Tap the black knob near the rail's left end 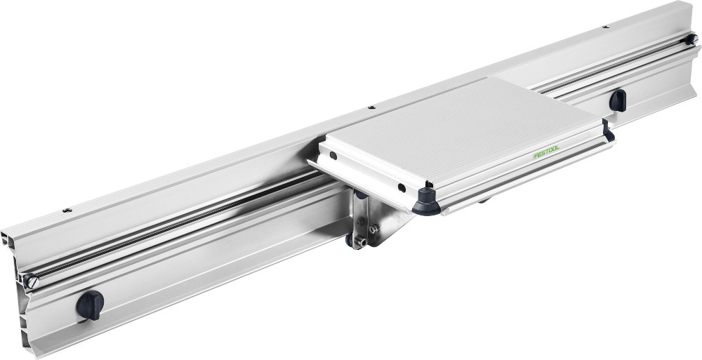pyautogui.click(x=90, y=304)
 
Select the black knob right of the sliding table pyautogui.click(x=618, y=100)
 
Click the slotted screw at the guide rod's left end pyautogui.click(x=29, y=280)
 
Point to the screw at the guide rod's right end pyautogui.click(x=691, y=40)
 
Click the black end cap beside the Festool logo pyautogui.click(x=608, y=133)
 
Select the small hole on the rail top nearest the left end pyautogui.click(x=67, y=210)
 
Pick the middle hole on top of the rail pyautogui.click(x=371, y=108)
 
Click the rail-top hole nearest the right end pyautogui.click(x=605, y=27)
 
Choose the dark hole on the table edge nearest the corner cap pyautogui.click(x=400, y=187)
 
